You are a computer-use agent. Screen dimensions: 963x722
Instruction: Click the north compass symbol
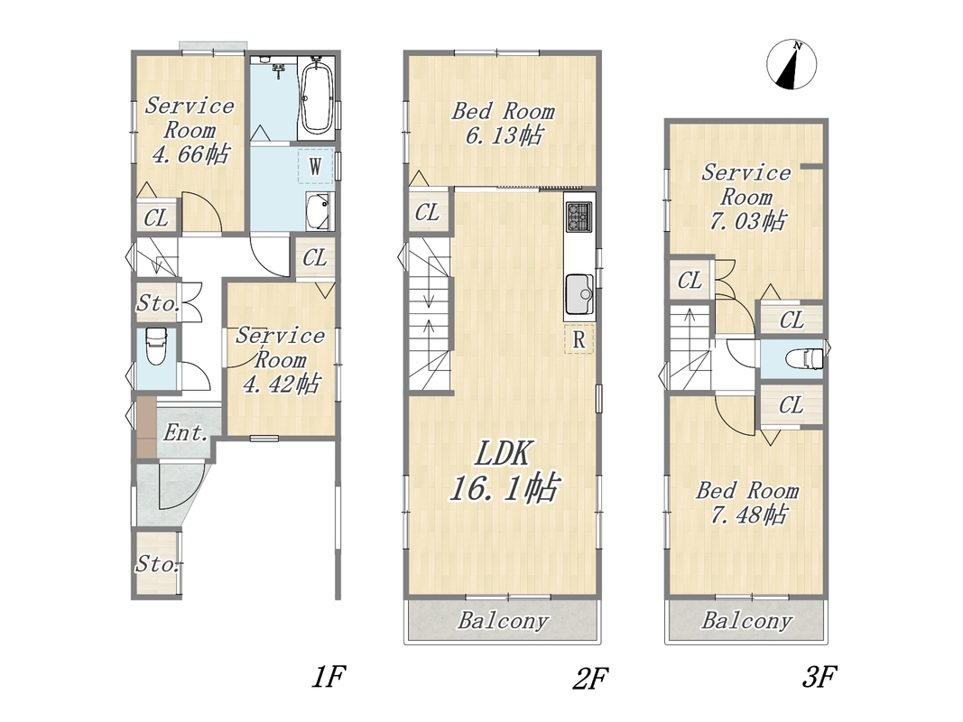tap(792, 64)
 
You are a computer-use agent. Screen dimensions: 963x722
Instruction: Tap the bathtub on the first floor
tap(318, 97)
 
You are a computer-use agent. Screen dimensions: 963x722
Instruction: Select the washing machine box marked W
tap(316, 165)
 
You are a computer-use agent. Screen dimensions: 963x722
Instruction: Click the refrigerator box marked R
tap(579, 339)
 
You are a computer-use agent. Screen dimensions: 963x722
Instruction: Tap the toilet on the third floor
tap(805, 358)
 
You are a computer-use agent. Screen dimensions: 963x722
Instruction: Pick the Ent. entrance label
tap(185, 433)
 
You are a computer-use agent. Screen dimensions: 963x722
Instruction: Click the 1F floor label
tap(329, 677)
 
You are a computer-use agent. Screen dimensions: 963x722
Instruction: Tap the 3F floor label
tap(819, 677)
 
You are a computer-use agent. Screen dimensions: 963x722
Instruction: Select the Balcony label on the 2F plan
tap(503, 621)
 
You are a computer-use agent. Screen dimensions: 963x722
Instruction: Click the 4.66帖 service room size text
tap(190, 154)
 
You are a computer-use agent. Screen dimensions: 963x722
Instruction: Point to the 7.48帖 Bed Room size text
tap(748, 514)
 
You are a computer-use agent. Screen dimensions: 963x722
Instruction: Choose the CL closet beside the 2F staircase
tap(427, 212)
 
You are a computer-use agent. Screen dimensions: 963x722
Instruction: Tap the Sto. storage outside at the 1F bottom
tap(157, 563)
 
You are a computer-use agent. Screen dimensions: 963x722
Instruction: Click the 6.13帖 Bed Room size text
tap(504, 135)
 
